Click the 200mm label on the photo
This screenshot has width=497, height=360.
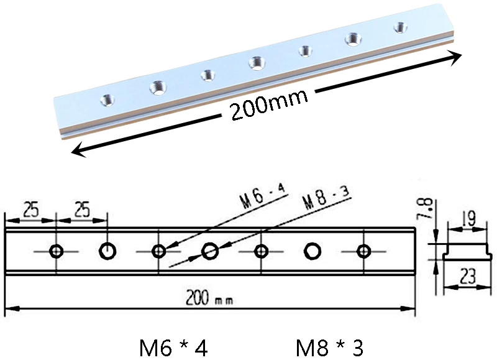(x=270, y=104)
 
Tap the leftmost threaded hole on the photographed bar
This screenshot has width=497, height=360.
(x=107, y=100)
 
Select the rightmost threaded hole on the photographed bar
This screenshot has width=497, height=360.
(x=400, y=27)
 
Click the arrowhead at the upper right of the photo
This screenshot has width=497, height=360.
(x=454, y=57)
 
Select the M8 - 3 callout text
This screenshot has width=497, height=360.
(x=327, y=198)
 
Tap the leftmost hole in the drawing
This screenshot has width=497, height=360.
(x=57, y=252)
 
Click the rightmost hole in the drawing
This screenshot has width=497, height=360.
(x=363, y=252)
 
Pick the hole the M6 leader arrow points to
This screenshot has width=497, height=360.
(x=158, y=252)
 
